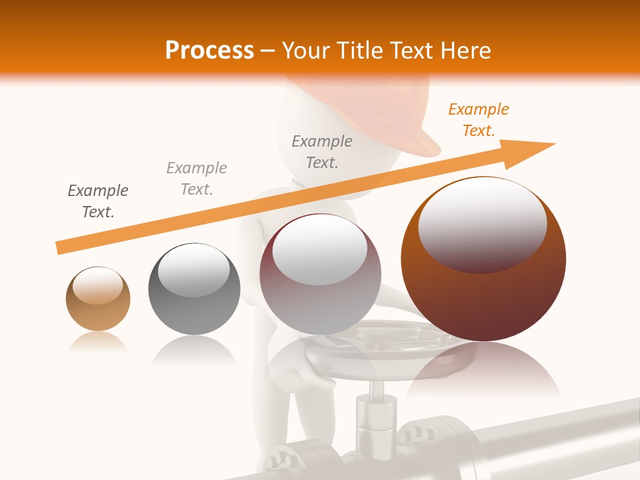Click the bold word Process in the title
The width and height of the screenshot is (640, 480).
click(x=209, y=51)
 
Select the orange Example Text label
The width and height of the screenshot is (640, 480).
click(x=478, y=120)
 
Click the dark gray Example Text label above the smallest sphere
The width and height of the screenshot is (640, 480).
click(x=98, y=201)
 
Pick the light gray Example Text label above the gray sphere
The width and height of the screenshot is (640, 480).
click(x=197, y=179)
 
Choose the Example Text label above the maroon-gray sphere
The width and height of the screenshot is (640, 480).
click(x=322, y=152)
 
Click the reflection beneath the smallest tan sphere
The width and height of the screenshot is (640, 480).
click(x=98, y=342)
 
